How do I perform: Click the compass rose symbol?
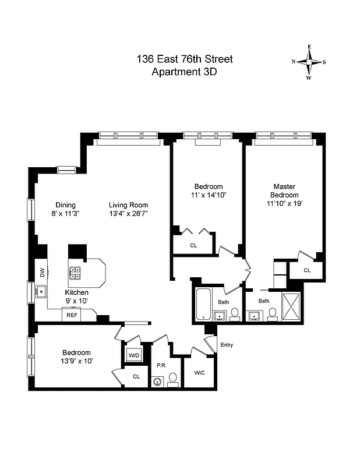point(309,62)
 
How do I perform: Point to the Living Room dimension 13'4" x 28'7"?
point(128,214)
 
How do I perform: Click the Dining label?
point(65,205)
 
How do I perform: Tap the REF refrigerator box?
point(72,315)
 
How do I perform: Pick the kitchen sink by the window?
point(42,291)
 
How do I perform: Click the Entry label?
point(226,345)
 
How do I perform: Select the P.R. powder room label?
point(161,366)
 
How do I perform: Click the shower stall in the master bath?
point(290,306)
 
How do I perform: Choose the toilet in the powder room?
point(173,382)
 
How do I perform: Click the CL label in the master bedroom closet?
point(306,270)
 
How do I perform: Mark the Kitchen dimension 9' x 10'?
point(76,301)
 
